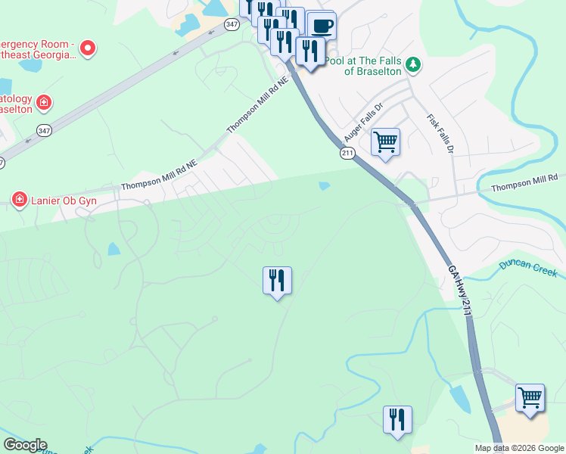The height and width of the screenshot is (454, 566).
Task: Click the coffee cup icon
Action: coord(322,26)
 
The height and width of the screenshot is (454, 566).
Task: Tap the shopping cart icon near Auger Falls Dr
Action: coord(386,141)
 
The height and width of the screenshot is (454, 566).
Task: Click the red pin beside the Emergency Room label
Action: coord(88,48)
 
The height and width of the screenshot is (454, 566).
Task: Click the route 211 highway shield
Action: coord(347,154)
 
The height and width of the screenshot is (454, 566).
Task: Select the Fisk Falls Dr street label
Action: coord(440,134)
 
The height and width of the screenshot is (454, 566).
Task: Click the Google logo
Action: coord(25,445)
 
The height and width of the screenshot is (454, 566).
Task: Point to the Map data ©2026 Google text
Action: coord(518,448)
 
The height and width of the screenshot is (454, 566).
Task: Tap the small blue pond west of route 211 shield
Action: coord(325,185)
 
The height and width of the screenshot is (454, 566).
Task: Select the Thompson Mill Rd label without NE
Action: coord(524,182)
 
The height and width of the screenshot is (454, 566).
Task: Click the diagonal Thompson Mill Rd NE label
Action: coord(258,105)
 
